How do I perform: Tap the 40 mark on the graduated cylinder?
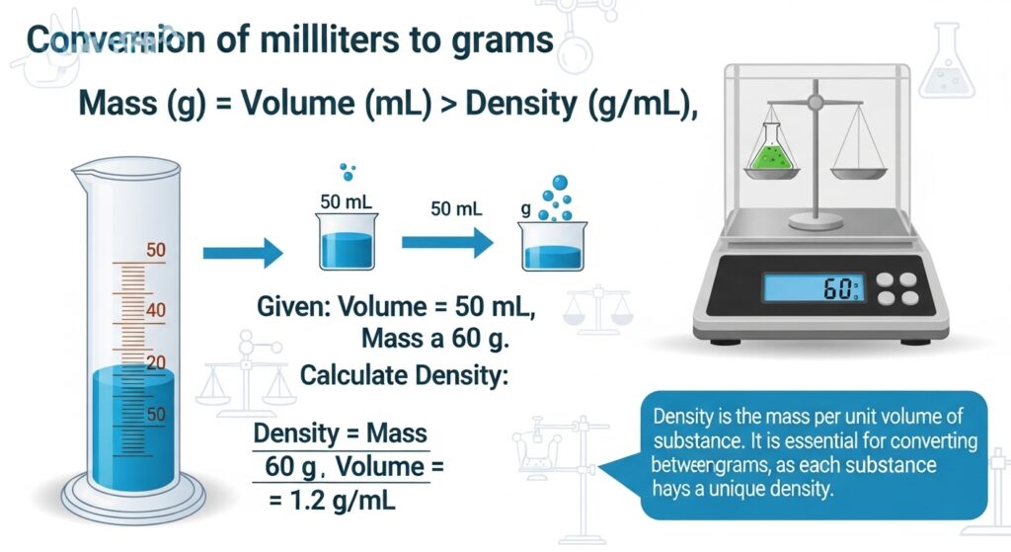[156, 310]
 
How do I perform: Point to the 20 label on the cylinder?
[156, 362]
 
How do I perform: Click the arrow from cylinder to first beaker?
[242, 255]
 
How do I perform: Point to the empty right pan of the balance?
[858, 172]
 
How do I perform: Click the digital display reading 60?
[813, 289]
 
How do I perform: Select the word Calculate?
[351, 375]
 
